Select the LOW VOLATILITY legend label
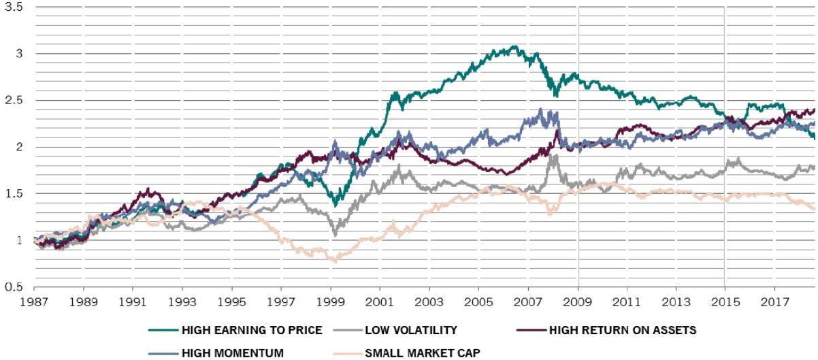410,331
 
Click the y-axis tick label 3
20,53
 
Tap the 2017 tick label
774,300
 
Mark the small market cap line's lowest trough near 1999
333,261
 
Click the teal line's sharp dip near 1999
334,205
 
